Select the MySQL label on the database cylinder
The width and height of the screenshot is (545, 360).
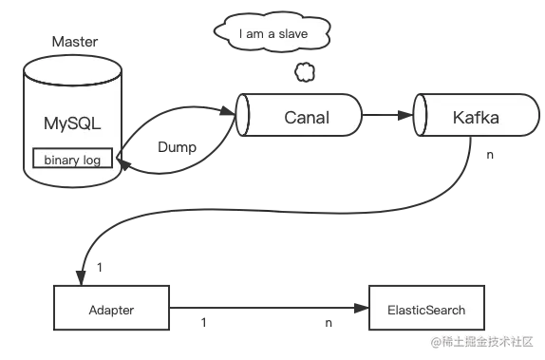pos(72,123)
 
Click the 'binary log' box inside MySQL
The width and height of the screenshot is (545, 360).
pos(72,160)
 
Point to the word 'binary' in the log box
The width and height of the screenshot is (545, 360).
pos(62,160)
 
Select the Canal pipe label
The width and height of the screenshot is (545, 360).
pos(306,118)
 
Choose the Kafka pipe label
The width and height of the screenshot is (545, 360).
pos(476,119)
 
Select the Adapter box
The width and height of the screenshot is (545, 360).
pos(111,311)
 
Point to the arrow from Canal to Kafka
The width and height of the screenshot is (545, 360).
pos(387,119)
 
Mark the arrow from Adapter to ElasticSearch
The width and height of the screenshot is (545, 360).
pos(266,308)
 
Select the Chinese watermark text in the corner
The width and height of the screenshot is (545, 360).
pos(484,342)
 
